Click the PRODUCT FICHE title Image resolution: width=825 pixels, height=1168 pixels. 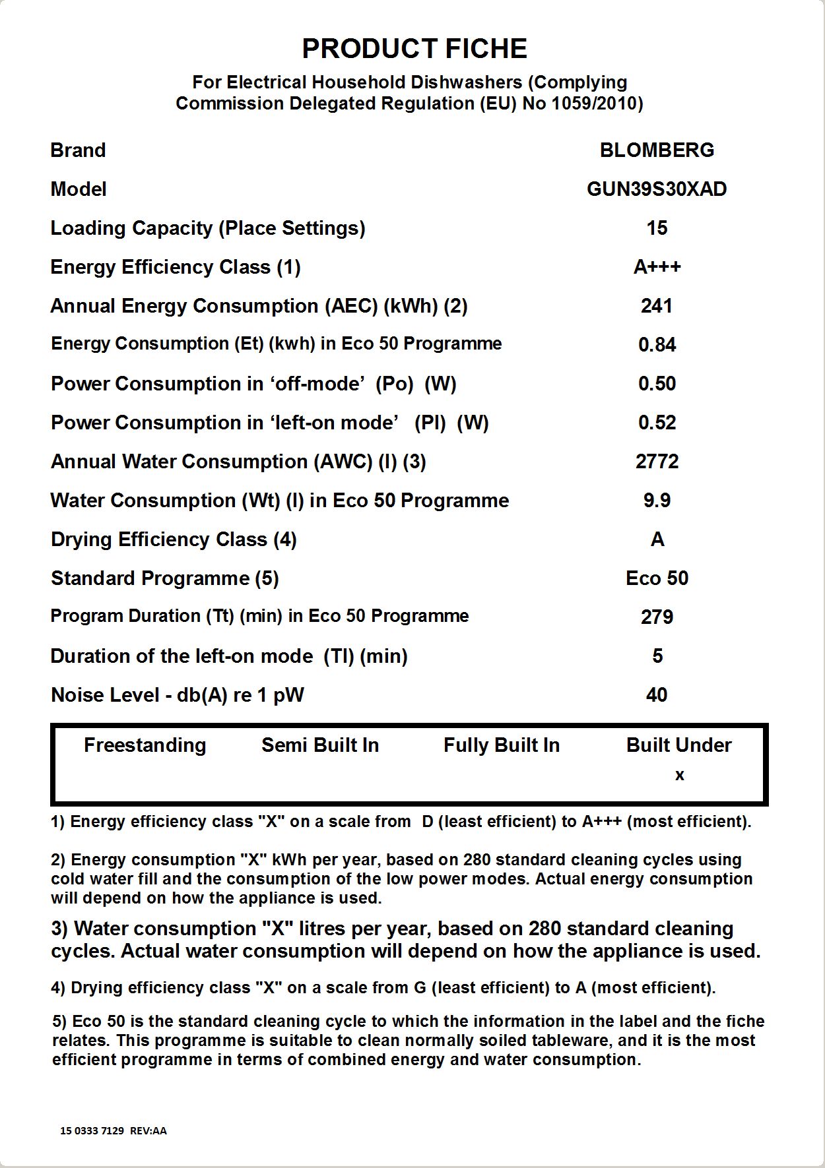(x=414, y=49)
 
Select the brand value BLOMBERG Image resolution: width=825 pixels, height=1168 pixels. (x=657, y=150)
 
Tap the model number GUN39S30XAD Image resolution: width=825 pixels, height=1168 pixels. (x=657, y=189)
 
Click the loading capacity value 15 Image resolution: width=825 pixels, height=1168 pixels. (x=657, y=228)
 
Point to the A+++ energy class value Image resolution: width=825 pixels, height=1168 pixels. (x=657, y=267)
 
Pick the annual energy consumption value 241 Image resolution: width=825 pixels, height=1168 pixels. (x=657, y=306)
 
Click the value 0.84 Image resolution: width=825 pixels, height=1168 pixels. (x=657, y=345)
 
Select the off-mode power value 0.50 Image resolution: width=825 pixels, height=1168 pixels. (x=657, y=384)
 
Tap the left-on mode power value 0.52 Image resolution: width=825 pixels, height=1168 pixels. (x=657, y=423)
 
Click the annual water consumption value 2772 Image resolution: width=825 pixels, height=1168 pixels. (x=657, y=462)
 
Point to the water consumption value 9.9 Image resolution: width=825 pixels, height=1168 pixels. (x=657, y=501)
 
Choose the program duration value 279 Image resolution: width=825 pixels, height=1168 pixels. (x=657, y=617)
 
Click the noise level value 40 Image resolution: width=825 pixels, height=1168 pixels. (x=657, y=695)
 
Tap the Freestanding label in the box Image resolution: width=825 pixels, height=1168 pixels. (x=145, y=745)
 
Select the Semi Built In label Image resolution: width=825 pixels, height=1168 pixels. (x=320, y=745)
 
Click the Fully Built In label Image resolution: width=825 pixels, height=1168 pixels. (x=501, y=745)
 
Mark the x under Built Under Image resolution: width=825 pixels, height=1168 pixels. (x=679, y=776)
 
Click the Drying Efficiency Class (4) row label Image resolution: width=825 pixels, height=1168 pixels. (x=174, y=539)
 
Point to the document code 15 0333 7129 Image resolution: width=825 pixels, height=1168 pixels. (x=92, y=1130)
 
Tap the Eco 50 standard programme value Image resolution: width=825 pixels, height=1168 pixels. (x=657, y=578)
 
